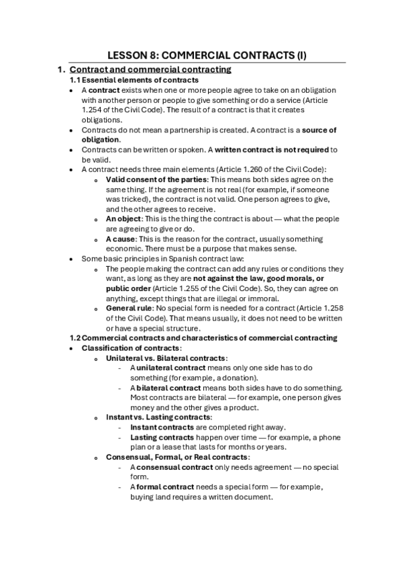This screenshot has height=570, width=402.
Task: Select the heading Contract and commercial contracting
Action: pos(150,69)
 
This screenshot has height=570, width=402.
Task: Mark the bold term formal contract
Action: pos(165,487)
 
